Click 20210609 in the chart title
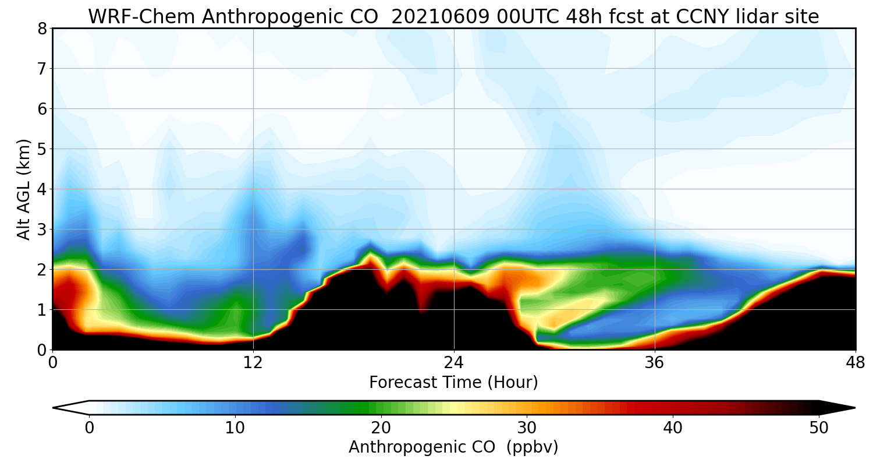(x=440, y=17)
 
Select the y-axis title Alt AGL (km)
(x=24, y=189)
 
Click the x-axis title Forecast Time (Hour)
(x=453, y=383)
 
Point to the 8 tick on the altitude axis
(x=42, y=29)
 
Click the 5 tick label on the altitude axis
(x=42, y=149)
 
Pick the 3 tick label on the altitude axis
(x=42, y=230)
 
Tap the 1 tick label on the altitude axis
(x=42, y=310)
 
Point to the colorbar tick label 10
(x=235, y=428)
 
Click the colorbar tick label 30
(x=527, y=428)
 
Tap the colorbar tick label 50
(x=819, y=428)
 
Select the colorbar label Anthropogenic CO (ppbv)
(x=453, y=447)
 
